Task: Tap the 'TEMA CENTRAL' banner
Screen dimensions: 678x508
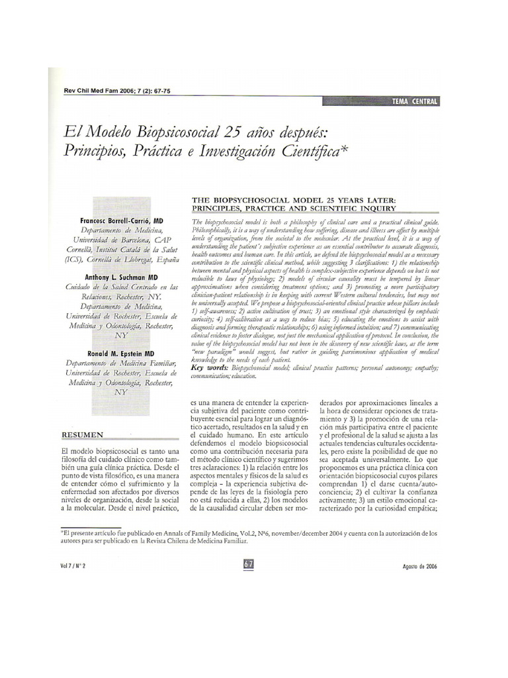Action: pos(415,101)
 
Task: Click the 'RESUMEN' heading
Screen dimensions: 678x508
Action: pos(82,435)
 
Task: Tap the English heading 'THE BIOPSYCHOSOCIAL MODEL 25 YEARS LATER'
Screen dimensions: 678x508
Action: pos(293,199)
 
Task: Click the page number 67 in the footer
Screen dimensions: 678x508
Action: pos(249,565)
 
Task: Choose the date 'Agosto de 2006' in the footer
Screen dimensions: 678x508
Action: pos(419,566)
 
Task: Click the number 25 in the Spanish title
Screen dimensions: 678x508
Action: pos(235,132)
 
